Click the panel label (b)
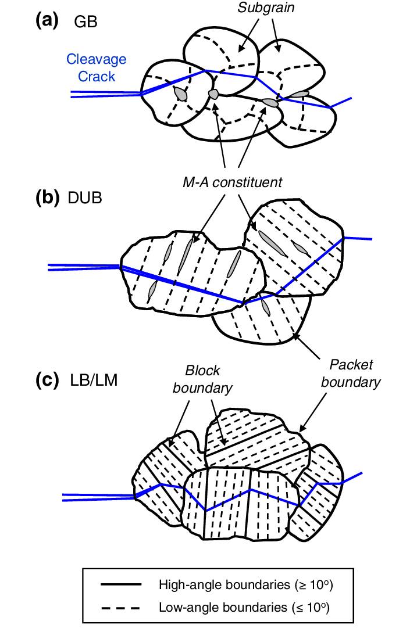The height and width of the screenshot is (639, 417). pyautogui.click(x=47, y=198)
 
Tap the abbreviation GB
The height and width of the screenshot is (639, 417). pyautogui.click(x=85, y=22)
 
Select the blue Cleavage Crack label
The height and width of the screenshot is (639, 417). pyautogui.click(x=96, y=67)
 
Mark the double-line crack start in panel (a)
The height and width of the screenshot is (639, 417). pyautogui.click(x=73, y=93)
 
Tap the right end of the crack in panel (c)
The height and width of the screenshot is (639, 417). pyautogui.click(x=362, y=473)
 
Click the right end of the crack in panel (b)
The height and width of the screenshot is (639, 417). pyautogui.click(x=370, y=238)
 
